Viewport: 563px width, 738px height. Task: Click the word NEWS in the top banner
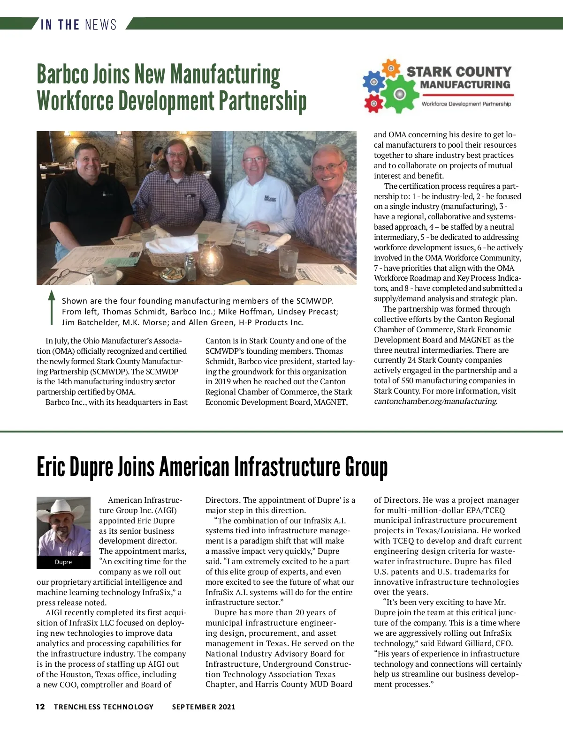pyautogui.click(x=101, y=24)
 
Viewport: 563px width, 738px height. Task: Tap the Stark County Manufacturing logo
pyautogui.click(x=437, y=86)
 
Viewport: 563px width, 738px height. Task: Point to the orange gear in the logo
pyautogui.click(x=390, y=68)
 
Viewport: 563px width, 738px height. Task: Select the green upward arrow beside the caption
pyautogui.click(x=52, y=307)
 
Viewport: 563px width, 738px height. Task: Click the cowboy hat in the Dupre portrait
pyautogui.click(x=62, y=508)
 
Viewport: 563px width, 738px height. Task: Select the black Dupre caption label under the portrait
pyautogui.click(x=63, y=562)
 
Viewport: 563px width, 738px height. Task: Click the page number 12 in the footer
pyautogui.click(x=41, y=707)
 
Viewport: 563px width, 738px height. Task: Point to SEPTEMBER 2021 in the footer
pyautogui.click(x=204, y=707)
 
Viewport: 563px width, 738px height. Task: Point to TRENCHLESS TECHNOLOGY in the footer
pyautogui.click(x=104, y=707)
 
